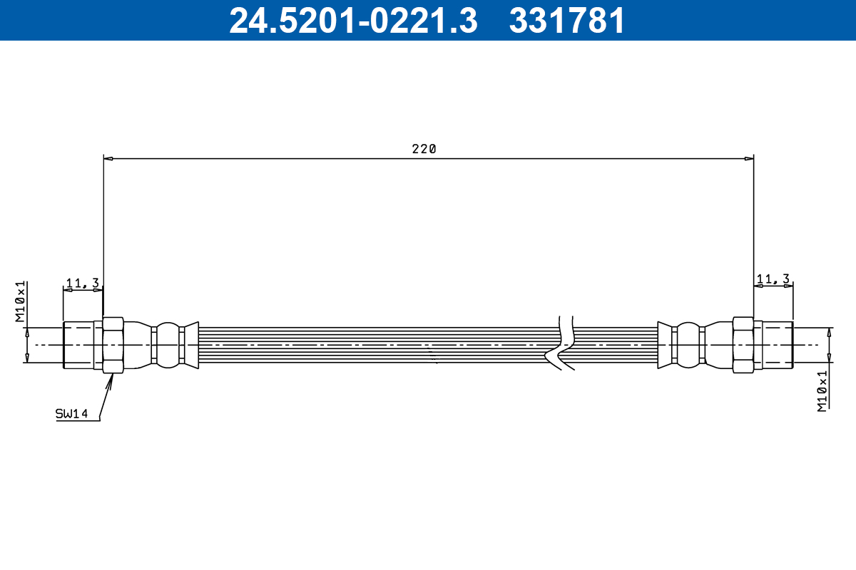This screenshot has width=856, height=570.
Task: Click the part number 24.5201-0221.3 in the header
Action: (352, 21)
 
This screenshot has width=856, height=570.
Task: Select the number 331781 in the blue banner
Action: (567, 21)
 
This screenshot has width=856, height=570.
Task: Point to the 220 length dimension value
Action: (424, 149)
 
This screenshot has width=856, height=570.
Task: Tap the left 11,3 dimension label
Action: (82, 283)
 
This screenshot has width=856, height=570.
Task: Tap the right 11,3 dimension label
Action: (773, 279)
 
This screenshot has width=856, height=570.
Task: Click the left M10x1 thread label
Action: (21, 301)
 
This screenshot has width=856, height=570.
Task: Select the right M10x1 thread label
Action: (822, 390)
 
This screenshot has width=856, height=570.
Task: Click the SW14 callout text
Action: (72, 413)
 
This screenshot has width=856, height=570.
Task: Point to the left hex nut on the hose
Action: (113, 346)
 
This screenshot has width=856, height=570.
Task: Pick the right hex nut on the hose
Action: (743, 346)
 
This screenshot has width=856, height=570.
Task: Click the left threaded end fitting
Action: (78, 346)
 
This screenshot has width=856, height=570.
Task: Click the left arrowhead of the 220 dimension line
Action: (108, 158)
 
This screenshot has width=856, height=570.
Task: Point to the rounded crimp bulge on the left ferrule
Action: (168, 346)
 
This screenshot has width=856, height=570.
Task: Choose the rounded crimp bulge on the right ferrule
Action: (688, 346)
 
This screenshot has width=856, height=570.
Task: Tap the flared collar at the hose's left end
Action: (190, 346)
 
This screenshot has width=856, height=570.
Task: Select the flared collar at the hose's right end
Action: (665, 346)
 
